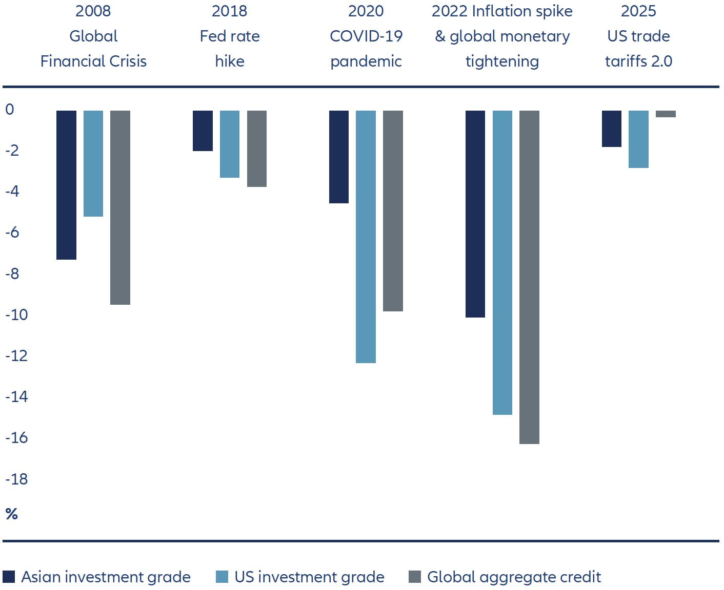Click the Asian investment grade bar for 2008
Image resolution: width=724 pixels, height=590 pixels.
click(x=66, y=185)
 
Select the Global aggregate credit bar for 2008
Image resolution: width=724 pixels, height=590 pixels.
click(x=120, y=207)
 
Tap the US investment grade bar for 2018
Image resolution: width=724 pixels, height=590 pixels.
click(x=229, y=144)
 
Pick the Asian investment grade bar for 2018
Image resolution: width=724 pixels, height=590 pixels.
click(x=203, y=131)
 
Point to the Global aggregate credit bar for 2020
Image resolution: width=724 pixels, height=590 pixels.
click(x=393, y=210)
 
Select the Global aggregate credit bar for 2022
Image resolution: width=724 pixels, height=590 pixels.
click(x=529, y=277)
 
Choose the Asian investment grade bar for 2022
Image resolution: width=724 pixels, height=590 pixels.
click(x=475, y=214)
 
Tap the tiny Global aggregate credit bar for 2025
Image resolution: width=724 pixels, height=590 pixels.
click(x=666, y=114)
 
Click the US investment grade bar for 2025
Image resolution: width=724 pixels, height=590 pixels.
click(x=638, y=139)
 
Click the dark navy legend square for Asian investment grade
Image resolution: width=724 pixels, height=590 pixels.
click(x=9, y=577)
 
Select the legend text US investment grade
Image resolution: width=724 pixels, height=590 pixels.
click(x=309, y=577)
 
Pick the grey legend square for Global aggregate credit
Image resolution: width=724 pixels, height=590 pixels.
click(x=414, y=577)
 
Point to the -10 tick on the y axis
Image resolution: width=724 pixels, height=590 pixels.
click(x=16, y=314)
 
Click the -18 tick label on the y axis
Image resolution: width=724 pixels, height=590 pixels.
click(x=16, y=479)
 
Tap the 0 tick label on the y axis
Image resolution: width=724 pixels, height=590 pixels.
click(x=10, y=109)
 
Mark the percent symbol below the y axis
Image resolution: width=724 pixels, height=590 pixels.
click(x=11, y=514)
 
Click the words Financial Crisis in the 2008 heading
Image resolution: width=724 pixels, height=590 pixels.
click(x=93, y=61)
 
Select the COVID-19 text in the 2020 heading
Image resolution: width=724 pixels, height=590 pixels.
click(x=366, y=36)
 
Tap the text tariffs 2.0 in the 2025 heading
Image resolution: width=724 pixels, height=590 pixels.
click(x=638, y=61)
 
